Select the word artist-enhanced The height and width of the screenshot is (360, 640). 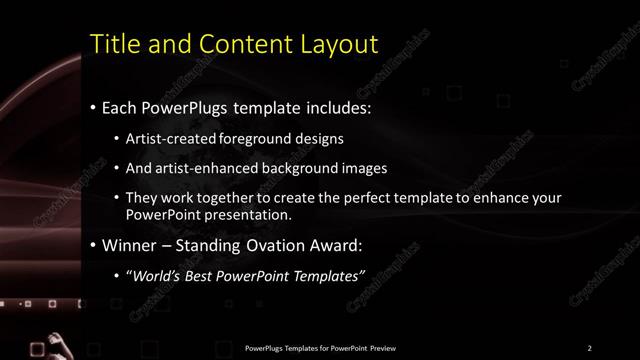204,168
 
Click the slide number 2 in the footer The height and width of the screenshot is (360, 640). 589,348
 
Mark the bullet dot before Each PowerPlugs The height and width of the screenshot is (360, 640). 93,106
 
